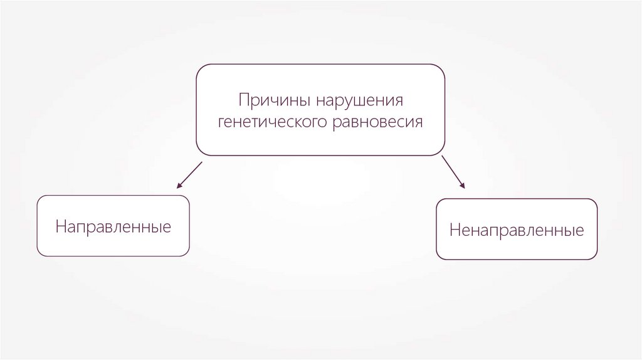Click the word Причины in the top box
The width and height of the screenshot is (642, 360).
click(275, 100)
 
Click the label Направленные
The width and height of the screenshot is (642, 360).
click(113, 226)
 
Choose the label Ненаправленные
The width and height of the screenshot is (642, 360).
click(516, 230)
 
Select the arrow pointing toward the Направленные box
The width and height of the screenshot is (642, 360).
click(189, 175)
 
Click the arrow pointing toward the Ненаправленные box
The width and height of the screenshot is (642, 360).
click(453, 172)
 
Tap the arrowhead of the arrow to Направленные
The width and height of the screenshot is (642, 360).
click(179, 186)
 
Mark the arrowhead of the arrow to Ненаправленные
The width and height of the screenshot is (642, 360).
click(463, 186)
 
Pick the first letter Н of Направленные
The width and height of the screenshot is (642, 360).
click(60, 226)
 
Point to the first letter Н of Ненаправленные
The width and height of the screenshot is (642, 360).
click(453, 230)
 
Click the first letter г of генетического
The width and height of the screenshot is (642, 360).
click(221, 122)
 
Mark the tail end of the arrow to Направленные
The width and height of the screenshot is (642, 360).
click(202, 162)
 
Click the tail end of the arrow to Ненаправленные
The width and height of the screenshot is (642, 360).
click(442, 156)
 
